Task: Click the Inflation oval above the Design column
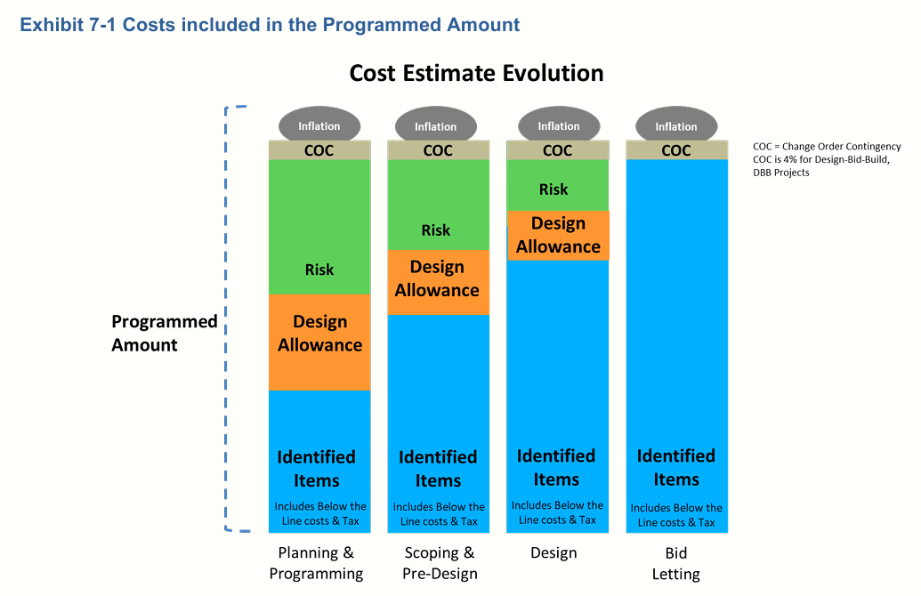[559, 125]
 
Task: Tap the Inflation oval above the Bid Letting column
[676, 125]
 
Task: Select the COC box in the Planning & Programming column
[319, 150]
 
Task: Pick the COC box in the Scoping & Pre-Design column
[438, 150]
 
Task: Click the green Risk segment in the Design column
[557, 185]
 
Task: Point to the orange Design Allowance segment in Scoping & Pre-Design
[438, 283]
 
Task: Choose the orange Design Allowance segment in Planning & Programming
[319, 342]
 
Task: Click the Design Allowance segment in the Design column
[559, 236]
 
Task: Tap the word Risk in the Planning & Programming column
[319, 270]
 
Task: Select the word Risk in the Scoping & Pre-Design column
[436, 230]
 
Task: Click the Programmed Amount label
[165, 333]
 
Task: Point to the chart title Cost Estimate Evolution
[476, 74]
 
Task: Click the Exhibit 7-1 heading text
[270, 25]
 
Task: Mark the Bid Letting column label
[676, 563]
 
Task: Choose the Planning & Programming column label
[316, 563]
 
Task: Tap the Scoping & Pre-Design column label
[440, 563]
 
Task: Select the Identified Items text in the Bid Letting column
[676, 467]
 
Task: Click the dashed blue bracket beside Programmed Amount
[225, 318]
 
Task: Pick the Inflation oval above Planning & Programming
[319, 125]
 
